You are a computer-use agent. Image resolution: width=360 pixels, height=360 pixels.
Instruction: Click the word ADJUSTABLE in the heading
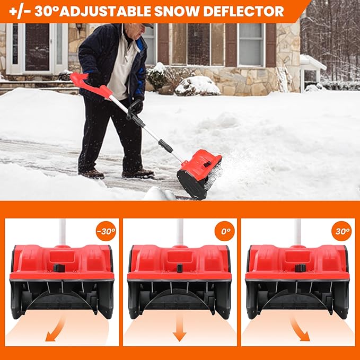[x=107, y=11]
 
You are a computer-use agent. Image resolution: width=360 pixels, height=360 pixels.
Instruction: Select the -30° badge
[x=106, y=231]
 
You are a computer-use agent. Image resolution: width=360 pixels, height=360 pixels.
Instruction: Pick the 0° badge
[x=224, y=231]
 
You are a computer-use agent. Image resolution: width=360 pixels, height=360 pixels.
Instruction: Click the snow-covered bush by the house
[x=197, y=85]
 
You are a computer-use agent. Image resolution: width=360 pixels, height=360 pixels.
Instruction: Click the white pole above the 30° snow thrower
[x=297, y=231]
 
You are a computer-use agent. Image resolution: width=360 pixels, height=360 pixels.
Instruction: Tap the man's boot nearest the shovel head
[x=137, y=173]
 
